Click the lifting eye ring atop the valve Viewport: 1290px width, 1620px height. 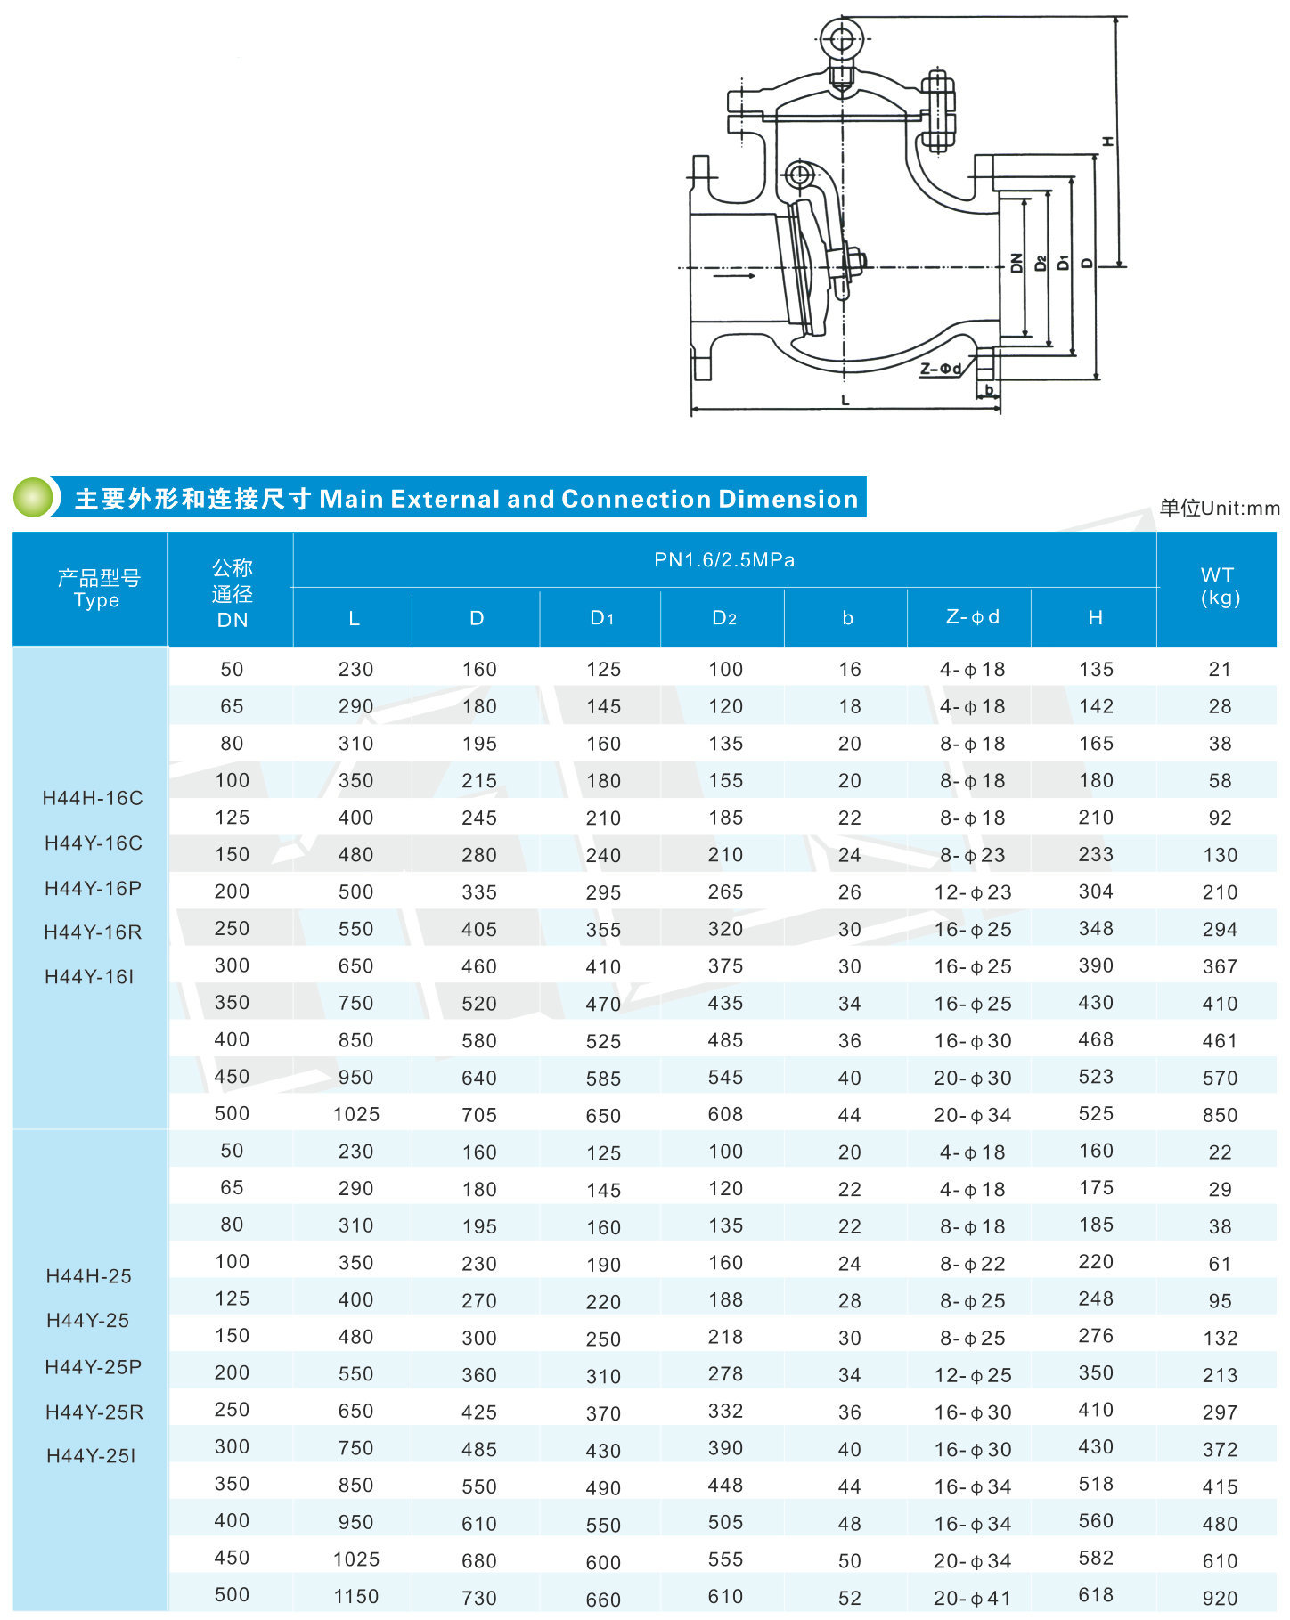tap(840, 39)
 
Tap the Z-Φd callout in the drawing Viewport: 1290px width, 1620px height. tap(941, 369)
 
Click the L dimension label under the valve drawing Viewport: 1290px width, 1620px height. tap(845, 401)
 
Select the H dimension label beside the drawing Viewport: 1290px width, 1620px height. tap(1107, 142)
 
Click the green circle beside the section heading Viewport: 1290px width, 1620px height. tap(33, 497)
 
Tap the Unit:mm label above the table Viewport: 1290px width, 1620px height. tap(1219, 509)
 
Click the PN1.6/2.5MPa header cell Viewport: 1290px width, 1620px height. tap(724, 560)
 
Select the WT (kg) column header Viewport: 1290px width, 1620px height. tap(1218, 587)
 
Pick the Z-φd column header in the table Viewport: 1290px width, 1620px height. tap(972, 617)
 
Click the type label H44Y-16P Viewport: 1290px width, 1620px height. tap(94, 888)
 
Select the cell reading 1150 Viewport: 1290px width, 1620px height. tap(356, 1597)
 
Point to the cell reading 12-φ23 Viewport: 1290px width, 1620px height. tap(972, 892)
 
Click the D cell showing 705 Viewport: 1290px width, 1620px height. tap(479, 1115)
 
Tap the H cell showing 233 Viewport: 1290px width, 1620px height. tap(1096, 855)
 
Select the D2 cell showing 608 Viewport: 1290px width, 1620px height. tap(725, 1114)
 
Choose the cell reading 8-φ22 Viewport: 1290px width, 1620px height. tap(972, 1264)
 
